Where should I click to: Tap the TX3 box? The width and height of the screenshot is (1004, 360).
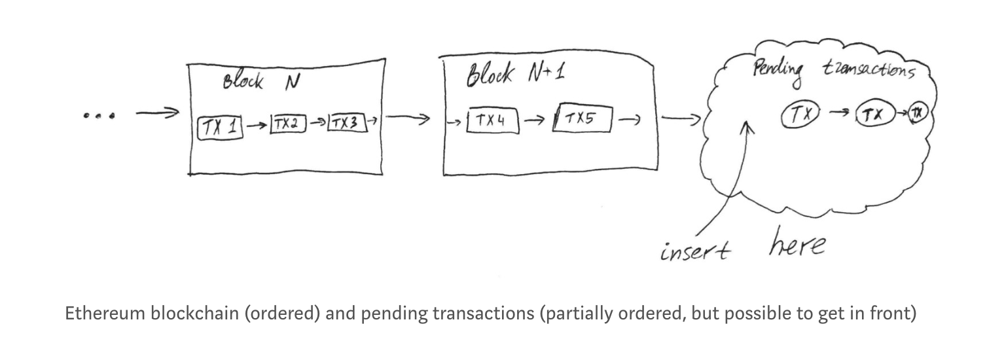click(x=347, y=122)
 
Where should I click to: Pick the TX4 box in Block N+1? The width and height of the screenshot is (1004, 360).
click(x=492, y=120)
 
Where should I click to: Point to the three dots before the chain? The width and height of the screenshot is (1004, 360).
click(x=99, y=117)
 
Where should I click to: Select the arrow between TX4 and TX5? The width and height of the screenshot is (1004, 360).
click(x=534, y=120)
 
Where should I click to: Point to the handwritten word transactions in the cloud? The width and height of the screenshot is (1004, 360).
click(x=869, y=69)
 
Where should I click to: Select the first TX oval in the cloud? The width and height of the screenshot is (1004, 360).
click(x=798, y=116)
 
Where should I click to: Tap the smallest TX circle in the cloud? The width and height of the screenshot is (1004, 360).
click(x=918, y=114)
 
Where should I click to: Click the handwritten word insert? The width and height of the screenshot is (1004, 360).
click(x=694, y=251)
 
